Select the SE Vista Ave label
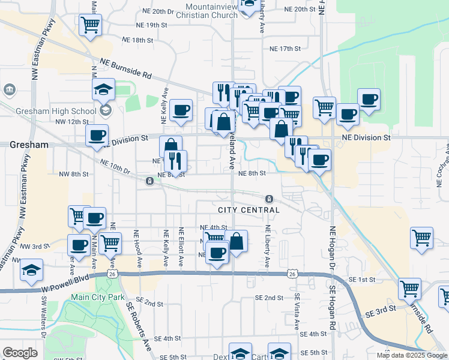(x=297, y=312)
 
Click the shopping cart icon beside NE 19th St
(x=90, y=25)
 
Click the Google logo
(x=20, y=353)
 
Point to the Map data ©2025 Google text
(x=411, y=355)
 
